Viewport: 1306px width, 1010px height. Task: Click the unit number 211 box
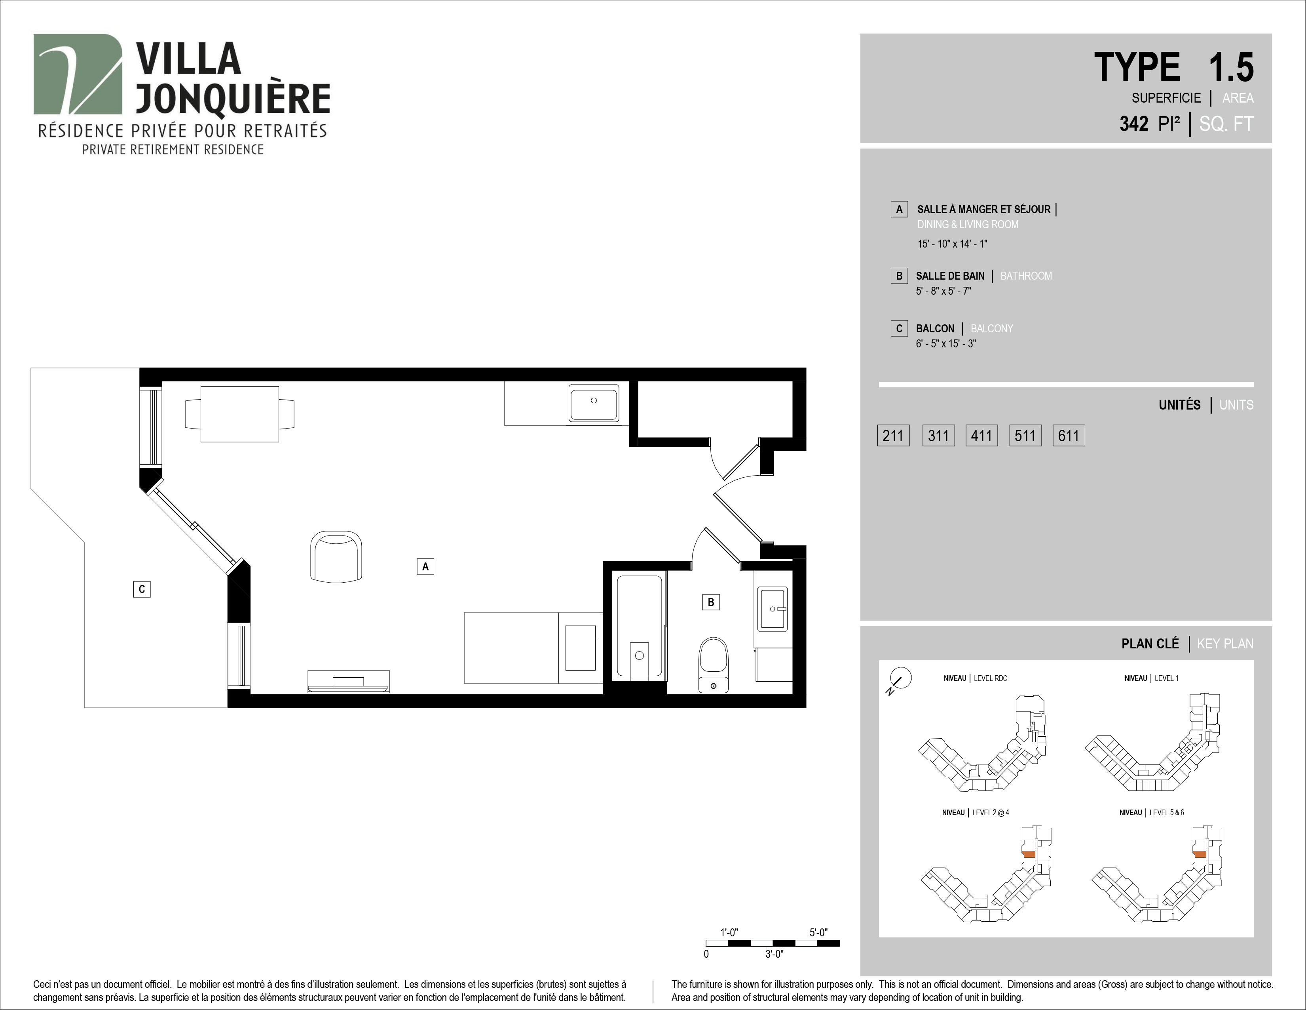click(893, 436)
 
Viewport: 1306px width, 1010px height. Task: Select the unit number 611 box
click(1069, 436)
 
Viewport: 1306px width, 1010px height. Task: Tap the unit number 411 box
click(981, 436)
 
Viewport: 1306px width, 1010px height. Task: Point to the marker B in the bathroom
click(710, 602)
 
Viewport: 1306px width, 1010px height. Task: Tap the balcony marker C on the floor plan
click(142, 589)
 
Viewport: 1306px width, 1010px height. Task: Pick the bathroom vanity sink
click(773, 609)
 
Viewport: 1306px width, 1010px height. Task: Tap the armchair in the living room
click(336, 556)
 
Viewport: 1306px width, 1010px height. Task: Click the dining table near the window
click(240, 414)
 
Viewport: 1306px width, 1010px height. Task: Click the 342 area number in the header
click(1134, 124)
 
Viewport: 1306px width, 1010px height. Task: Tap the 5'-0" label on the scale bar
click(818, 932)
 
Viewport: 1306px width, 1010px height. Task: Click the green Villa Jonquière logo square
click(78, 74)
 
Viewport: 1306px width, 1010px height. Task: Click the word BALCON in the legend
click(935, 328)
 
